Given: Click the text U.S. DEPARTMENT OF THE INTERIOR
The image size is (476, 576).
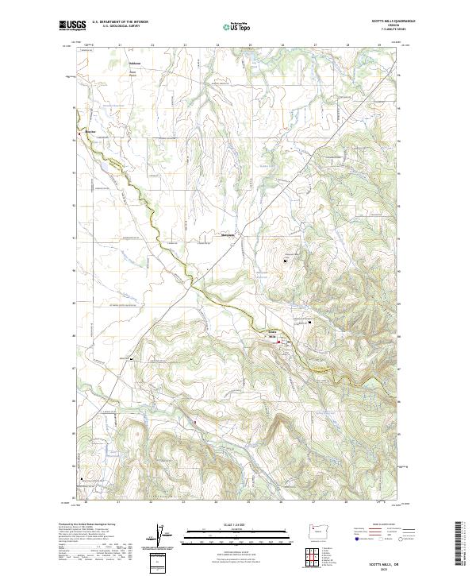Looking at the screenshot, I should pyautogui.click(x=120, y=23).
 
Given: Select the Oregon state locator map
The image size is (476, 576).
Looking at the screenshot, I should pyautogui.click(x=319, y=532).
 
